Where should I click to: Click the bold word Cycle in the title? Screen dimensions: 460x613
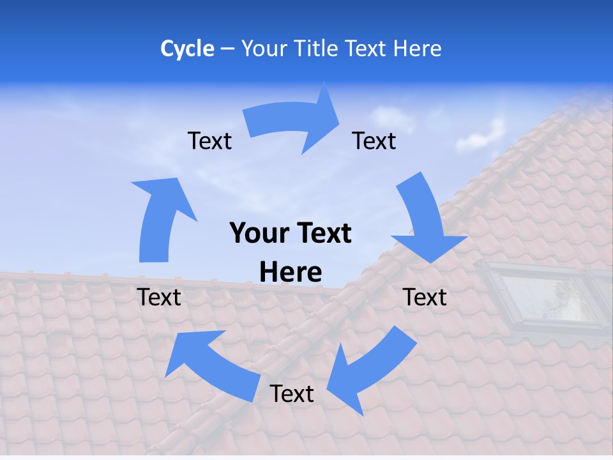(x=187, y=49)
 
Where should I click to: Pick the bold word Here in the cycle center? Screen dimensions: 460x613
(x=291, y=272)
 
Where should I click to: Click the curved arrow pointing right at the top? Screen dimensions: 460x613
(x=294, y=121)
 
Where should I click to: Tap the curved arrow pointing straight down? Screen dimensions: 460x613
(x=425, y=220)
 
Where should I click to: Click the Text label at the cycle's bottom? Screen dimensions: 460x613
(x=292, y=394)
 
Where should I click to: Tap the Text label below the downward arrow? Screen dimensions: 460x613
(x=425, y=297)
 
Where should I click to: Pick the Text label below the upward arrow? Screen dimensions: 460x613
(x=159, y=297)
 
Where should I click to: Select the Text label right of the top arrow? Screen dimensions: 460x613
(x=374, y=141)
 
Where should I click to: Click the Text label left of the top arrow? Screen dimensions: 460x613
(x=209, y=141)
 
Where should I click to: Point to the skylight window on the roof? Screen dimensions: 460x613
(x=543, y=298)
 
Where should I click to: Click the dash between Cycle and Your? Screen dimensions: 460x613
(x=227, y=49)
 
